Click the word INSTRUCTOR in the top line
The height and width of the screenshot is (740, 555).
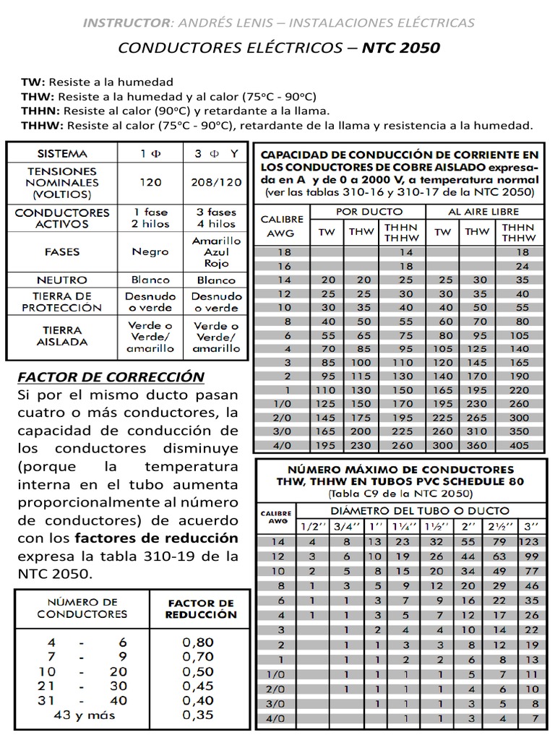pyautogui.click(x=121, y=22)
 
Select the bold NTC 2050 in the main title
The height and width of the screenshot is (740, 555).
pyautogui.click(x=400, y=48)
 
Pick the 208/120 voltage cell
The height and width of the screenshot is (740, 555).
pyautogui.click(x=218, y=182)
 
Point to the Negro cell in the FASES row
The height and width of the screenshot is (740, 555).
pyautogui.click(x=150, y=252)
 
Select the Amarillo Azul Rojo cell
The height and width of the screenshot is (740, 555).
pyautogui.click(x=217, y=252)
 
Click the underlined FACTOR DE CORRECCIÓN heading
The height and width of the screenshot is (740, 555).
pyautogui.click(x=111, y=377)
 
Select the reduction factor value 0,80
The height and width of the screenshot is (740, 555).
pyautogui.click(x=198, y=641)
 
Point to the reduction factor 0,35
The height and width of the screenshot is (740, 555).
pyautogui.click(x=198, y=715)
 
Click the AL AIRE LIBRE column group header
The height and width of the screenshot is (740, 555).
pyautogui.click(x=482, y=211)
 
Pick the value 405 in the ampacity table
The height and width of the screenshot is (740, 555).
pyautogui.click(x=518, y=445)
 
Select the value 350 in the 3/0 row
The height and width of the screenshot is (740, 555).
pyautogui.click(x=518, y=431)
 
